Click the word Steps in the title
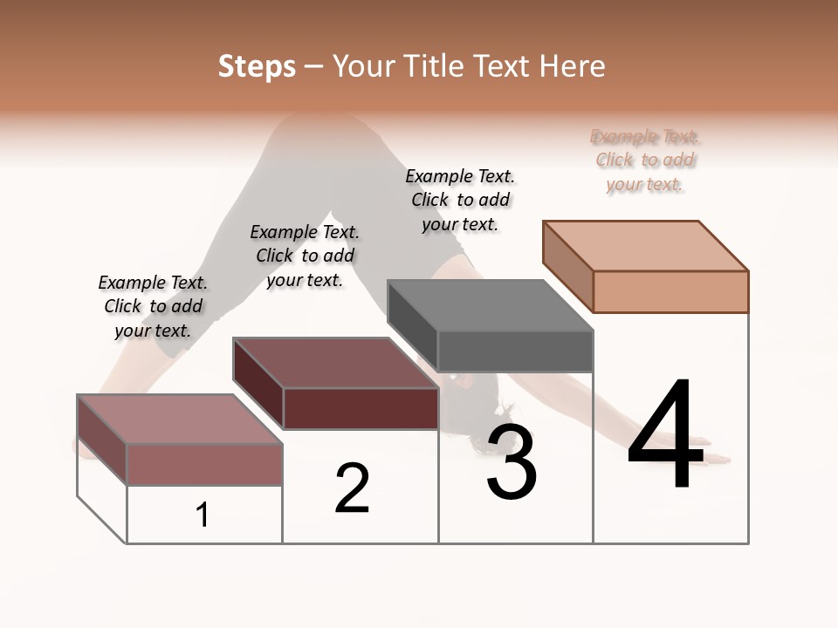[257, 66]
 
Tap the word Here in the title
[568, 66]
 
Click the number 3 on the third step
[512, 463]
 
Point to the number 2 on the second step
[352, 488]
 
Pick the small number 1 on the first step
[203, 515]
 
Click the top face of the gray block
[490, 305]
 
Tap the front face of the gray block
[515, 352]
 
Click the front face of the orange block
[670, 291]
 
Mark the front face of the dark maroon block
[361, 408]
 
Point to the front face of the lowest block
[204, 465]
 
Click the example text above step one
[153, 307]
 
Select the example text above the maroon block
[305, 256]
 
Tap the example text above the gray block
[460, 201]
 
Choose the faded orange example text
[645, 160]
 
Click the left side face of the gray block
[412, 328]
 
